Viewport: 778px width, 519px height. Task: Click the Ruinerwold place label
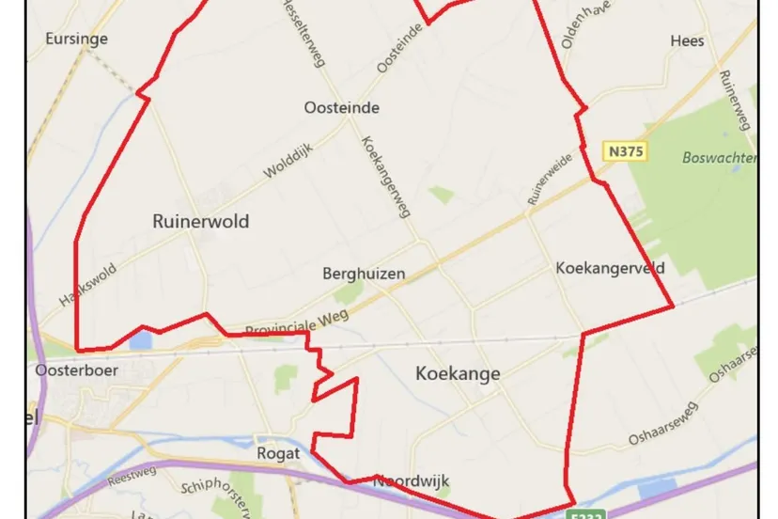200,221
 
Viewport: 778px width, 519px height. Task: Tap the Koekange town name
458,373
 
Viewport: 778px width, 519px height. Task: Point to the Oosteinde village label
342,107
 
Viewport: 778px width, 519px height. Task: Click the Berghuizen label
364,274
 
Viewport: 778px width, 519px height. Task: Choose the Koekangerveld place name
610,268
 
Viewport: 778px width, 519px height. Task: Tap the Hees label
687,40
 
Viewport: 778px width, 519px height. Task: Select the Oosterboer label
67,370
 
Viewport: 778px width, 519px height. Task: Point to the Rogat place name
278,453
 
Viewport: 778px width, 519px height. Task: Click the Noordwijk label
412,481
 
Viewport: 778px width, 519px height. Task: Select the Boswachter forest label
721,158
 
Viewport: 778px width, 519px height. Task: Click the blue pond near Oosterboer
141,339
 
